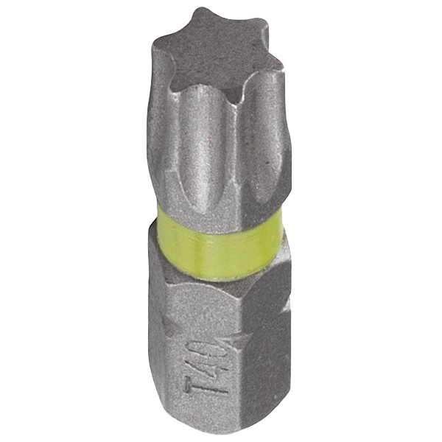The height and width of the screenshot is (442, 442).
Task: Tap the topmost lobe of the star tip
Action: pos(203,18)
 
